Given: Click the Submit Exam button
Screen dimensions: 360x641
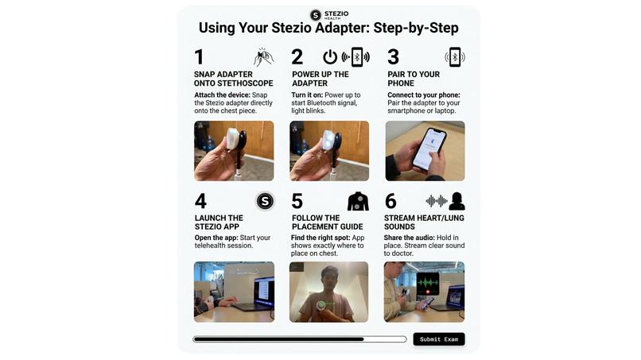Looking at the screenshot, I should click(x=439, y=339).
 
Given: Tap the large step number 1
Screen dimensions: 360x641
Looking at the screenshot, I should click(x=200, y=57).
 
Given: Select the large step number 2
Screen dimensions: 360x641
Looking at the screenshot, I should click(x=297, y=57).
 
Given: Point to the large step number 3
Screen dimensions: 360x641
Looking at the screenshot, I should click(x=393, y=57).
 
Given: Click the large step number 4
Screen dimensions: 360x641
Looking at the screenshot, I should click(x=200, y=201).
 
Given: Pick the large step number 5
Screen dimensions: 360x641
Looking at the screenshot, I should click(x=297, y=201).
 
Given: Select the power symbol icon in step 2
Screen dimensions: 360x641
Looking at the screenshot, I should click(x=329, y=57).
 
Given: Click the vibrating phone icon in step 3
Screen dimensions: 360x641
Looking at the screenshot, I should click(x=454, y=57).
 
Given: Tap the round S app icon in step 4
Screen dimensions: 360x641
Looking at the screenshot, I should click(x=264, y=201).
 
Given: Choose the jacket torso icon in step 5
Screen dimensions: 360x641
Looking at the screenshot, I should click(x=358, y=201).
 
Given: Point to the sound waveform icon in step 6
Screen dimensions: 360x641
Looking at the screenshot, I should click(x=436, y=201).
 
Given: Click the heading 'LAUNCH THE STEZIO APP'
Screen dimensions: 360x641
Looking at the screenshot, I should click(x=219, y=223).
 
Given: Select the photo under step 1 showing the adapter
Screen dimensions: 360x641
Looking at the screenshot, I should click(x=234, y=151).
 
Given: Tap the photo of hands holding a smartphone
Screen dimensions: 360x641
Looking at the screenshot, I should click(x=425, y=151).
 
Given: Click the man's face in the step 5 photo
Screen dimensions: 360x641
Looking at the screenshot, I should click(x=328, y=279).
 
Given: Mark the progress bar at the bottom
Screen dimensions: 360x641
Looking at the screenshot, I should click(x=299, y=339).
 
